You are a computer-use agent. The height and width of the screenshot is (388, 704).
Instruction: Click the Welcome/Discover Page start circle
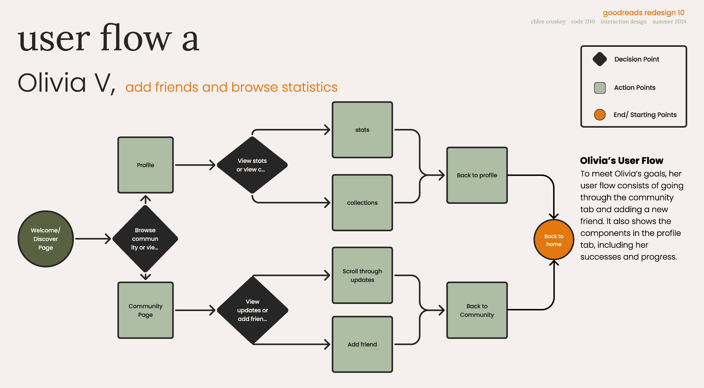point(46,239)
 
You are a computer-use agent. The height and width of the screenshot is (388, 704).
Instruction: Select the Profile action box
point(145,165)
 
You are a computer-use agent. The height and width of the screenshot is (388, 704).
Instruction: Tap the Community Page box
point(145,310)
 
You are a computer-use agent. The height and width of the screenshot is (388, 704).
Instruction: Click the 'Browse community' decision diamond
point(145,239)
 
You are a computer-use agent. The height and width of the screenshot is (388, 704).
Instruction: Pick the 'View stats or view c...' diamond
point(252,165)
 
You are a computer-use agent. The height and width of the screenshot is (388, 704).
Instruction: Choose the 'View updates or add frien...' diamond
point(253,310)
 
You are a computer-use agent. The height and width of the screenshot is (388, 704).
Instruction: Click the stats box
point(362,130)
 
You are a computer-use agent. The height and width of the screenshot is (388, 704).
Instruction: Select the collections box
point(362,203)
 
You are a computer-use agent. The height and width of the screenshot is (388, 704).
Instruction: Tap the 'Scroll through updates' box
point(362,275)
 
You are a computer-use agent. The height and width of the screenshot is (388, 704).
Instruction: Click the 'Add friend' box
point(362,344)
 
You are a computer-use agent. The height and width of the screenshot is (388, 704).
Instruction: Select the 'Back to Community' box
point(477,310)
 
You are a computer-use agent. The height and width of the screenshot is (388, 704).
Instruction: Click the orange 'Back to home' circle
point(554,240)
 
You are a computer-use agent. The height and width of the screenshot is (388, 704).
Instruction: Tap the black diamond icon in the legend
point(600,59)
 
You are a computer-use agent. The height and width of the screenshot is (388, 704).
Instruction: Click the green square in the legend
point(600,88)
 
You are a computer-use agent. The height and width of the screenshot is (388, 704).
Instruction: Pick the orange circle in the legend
point(600,115)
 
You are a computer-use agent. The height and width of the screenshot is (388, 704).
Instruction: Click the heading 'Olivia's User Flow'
point(622,161)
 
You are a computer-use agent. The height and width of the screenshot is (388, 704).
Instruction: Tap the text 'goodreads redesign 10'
point(644,13)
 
